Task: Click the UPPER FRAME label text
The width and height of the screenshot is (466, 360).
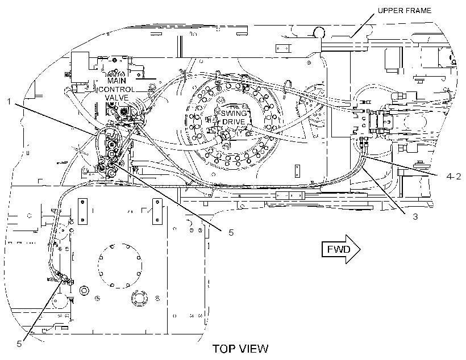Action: [405, 11]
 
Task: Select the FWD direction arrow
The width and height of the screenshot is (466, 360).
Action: [341, 249]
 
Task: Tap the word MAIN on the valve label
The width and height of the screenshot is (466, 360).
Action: [117, 81]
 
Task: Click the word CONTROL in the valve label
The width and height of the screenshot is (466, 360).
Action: [117, 89]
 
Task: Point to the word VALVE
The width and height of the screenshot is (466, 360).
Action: [117, 98]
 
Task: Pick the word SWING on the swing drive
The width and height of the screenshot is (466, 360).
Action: [234, 113]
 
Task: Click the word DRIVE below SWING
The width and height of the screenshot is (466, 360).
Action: [234, 122]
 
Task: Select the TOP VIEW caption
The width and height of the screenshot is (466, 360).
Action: [240, 349]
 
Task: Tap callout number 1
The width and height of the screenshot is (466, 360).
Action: [9, 102]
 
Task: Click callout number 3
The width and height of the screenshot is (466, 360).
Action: [415, 216]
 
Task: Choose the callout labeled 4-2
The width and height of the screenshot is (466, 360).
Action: [454, 176]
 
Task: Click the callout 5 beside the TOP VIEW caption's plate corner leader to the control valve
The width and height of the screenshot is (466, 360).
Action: [231, 232]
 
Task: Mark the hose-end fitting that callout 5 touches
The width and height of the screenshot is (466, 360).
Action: [63, 278]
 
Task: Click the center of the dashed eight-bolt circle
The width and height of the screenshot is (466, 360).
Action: [120, 266]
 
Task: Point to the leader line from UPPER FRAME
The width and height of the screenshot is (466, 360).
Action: [362, 25]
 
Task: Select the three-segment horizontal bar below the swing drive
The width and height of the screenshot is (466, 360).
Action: [290, 196]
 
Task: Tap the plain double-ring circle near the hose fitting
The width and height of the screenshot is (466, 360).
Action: [84, 291]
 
